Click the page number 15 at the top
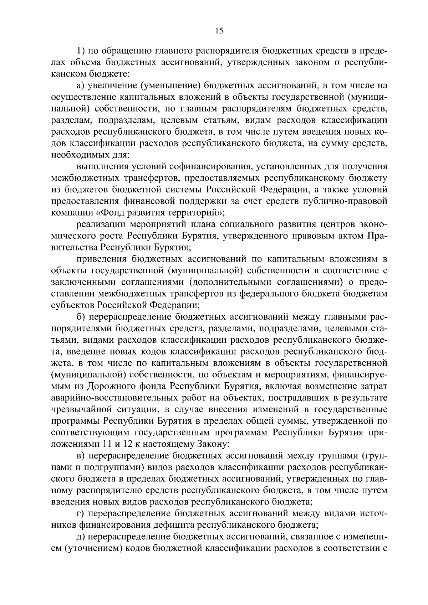pos(219,31)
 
